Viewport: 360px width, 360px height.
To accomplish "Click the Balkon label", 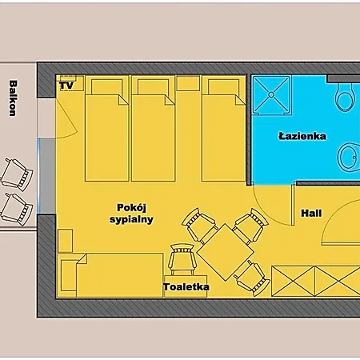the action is click(12, 98).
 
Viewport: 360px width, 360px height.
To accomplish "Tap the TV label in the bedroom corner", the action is click(66, 86).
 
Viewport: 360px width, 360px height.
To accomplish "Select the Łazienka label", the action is click(302, 136).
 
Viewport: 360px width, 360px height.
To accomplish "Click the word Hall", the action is click(311, 213).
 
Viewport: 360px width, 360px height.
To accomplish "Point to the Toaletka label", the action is click(186, 287).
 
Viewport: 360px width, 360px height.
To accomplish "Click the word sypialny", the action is click(131, 219).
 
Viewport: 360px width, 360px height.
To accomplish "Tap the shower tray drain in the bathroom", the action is click(271, 94).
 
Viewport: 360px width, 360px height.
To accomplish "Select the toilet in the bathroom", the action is click(345, 96).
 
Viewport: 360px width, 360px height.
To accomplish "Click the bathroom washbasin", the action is click(349, 158).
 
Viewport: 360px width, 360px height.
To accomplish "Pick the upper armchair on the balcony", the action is click(17, 175).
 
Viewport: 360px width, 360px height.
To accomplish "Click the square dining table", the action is click(225, 252).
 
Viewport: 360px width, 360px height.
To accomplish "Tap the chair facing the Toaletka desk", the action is click(182, 259).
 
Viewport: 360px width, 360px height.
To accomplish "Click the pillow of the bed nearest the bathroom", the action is click(223, 86).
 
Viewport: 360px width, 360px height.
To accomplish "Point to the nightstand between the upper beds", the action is click(188, 83).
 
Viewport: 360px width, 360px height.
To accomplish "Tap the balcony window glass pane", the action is click(39, 176).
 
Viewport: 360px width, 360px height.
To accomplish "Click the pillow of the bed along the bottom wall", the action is click(69, 275).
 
